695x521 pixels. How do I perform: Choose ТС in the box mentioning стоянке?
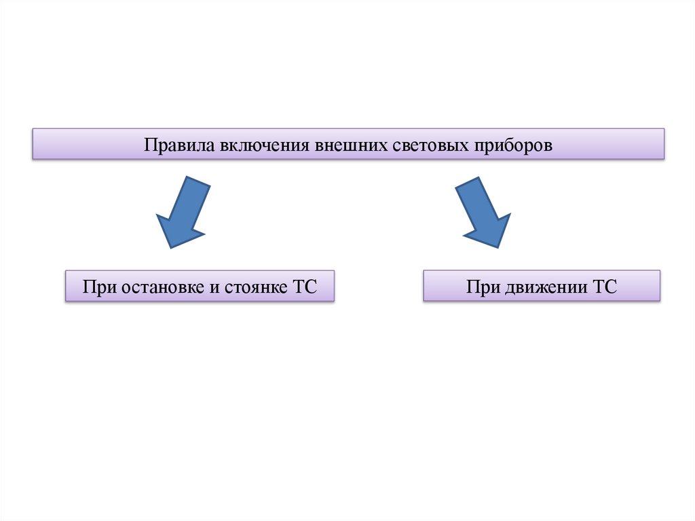point(304,287)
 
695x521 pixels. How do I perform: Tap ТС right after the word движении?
point(604,287)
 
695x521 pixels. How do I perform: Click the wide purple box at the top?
point(348,144)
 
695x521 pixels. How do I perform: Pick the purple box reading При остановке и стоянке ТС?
point(200,286)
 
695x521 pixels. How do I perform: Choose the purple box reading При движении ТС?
point(542,286)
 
